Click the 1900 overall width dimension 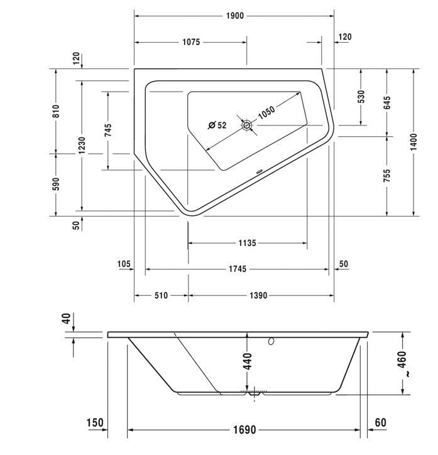pos(235,16)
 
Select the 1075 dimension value pos(191,42)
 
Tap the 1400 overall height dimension pos(413,142)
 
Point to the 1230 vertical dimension pos(82,146)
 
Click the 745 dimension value pos(108,131)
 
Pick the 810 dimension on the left pos(56,111)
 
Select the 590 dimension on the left pos(56,184)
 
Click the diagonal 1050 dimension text pos(266,112)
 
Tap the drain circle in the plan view pos(247,126)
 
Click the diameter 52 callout pos(217,125)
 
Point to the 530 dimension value pos(361,97)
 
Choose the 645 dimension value pos(387,103)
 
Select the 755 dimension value pos(387,176)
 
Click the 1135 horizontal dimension pos(247,243)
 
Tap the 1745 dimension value pos(237,269)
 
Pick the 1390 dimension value pos(258,296)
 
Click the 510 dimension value pos(161,296)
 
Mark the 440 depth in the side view pos(248,361)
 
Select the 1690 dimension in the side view pos(244,429)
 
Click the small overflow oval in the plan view pos(259,171)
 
